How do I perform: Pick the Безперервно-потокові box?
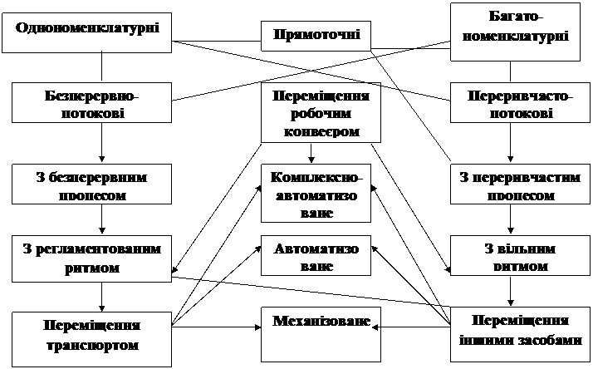(88, 103)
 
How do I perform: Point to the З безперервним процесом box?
(88, 185)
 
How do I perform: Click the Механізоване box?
(320, 332)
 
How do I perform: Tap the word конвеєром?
(321, 131)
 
